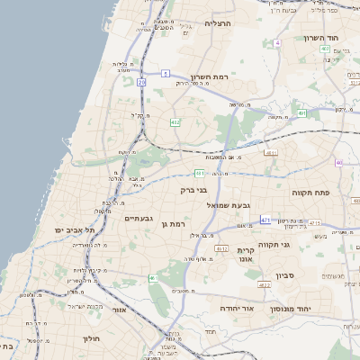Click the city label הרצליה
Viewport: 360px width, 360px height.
point(219,23)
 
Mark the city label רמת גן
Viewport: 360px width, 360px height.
point(171,223)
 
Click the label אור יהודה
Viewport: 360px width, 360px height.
point(238,309)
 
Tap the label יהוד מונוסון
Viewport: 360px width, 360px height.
point(315,309)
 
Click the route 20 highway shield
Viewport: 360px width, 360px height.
point(142,82)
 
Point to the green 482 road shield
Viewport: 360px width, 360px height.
point(175,122)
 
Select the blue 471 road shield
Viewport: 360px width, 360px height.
point(265,220)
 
